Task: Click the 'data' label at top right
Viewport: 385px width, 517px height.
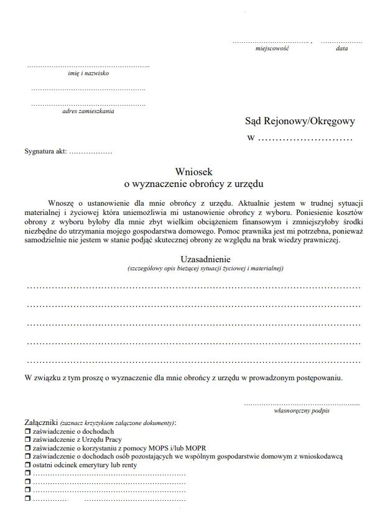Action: tap(341, 48)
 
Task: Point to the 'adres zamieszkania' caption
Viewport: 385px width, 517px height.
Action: tap(88, 111)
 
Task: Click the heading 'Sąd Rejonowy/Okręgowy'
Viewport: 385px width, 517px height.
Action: tap(300, 122)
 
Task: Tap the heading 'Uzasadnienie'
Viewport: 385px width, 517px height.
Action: tap(206, 259)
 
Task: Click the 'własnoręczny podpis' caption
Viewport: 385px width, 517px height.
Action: tap(302, 411)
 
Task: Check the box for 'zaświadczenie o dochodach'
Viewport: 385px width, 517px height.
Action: tap(27, 431)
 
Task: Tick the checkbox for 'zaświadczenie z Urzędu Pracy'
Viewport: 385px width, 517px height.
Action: tap(27, 439)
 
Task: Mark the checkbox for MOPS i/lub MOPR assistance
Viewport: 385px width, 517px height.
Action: tap(27, 447)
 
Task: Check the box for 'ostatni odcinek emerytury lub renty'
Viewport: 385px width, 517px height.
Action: tap(27, 464)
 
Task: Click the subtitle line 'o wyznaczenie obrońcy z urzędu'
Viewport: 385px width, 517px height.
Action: tap(194, 184)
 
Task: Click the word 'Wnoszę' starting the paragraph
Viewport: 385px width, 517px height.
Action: tap(60, 203)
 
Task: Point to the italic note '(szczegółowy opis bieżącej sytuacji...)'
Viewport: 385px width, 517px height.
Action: tap(205, 268)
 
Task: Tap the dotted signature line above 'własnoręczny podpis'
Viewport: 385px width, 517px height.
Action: tap(302, 404)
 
